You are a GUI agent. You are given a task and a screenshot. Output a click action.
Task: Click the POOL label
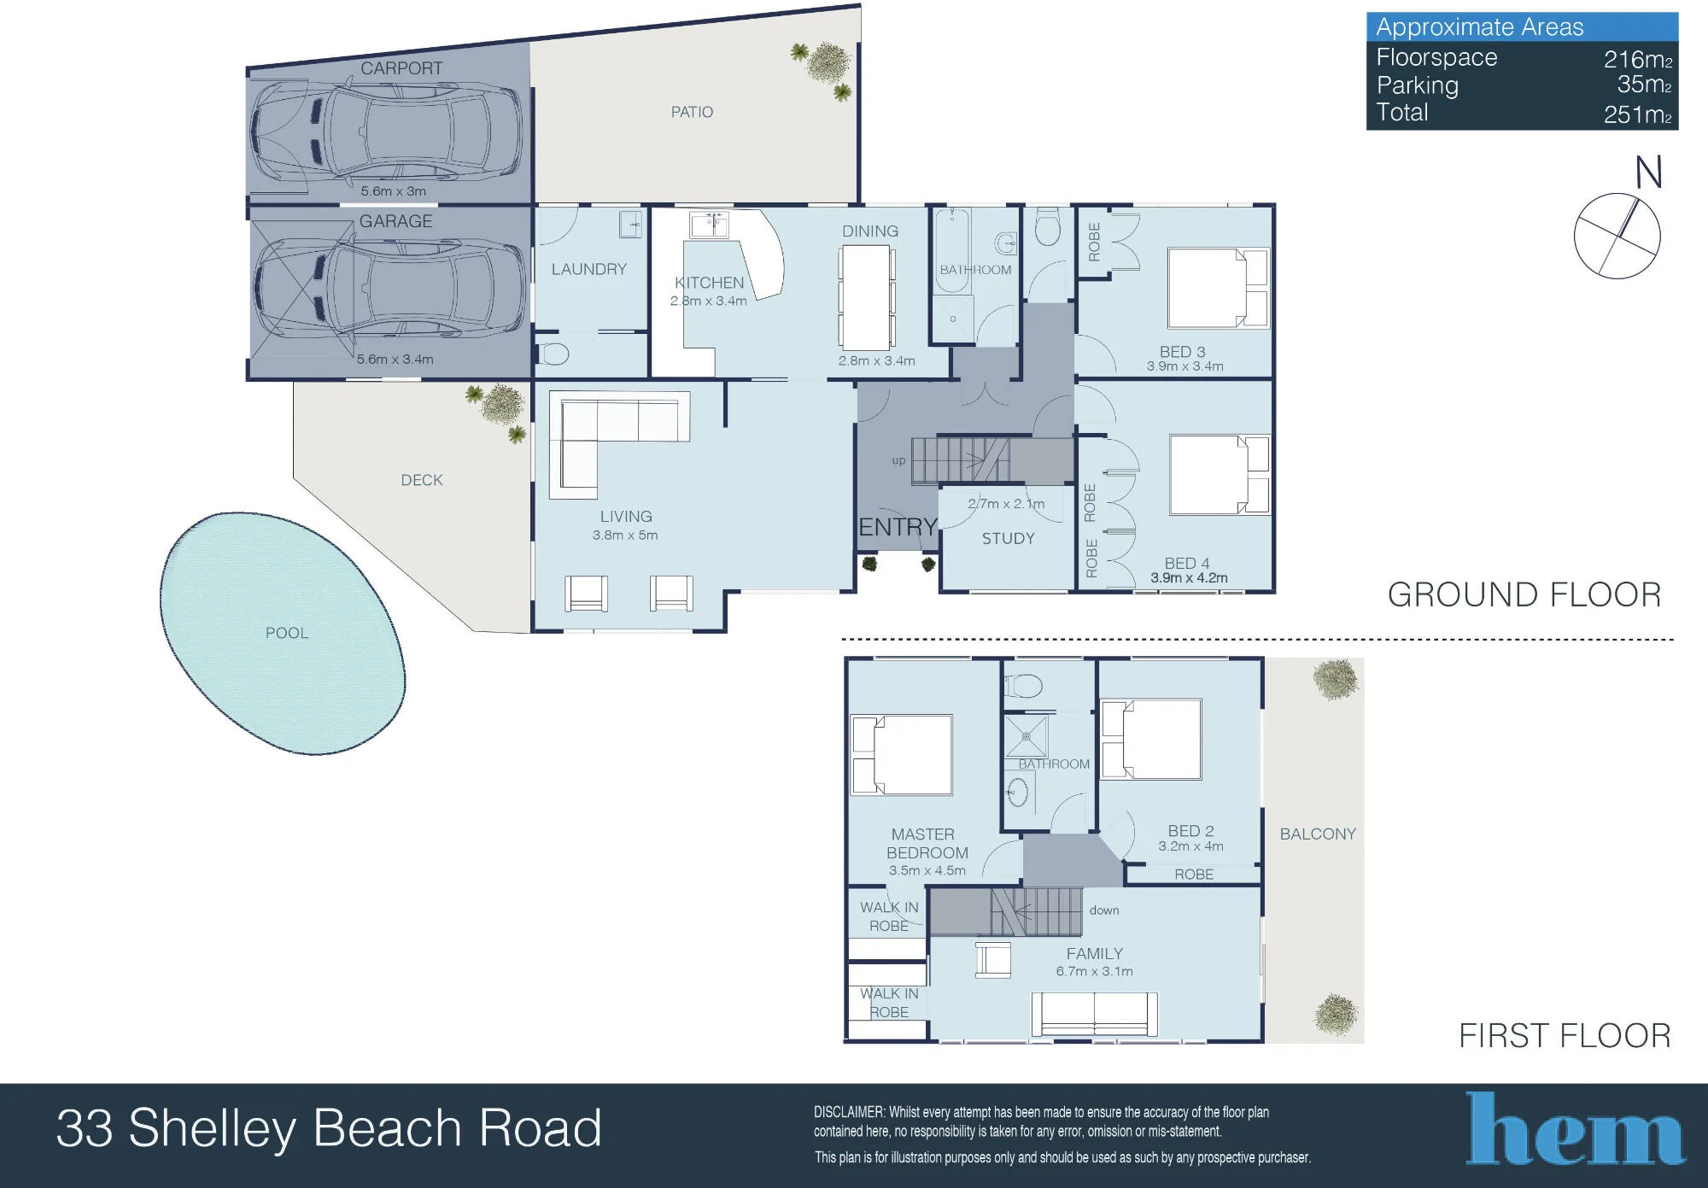(287, 633)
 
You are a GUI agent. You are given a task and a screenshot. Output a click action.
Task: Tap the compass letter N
(1648, 173)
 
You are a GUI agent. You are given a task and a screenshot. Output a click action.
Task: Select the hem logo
(1576, 1128)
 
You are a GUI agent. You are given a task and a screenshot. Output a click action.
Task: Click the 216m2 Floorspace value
(1638, 59)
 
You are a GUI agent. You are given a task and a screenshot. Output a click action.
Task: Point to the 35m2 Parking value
(1644, 85)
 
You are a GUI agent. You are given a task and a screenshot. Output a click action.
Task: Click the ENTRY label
(898, 527)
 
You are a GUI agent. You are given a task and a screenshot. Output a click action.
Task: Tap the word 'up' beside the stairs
(898, 460)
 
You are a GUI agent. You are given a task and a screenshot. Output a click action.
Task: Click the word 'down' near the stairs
(1104, 910)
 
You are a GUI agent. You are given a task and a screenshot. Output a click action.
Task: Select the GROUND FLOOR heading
(1524, 594)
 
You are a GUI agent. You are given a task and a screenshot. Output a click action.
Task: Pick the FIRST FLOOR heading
(1565, 1035)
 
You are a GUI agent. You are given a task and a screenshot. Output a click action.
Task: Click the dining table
(865, 297)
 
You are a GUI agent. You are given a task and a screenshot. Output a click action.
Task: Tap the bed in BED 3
(1219, 288)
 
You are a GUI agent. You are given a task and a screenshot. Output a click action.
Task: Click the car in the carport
(386, 132)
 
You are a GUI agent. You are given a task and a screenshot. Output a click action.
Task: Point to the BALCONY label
(1318, 834)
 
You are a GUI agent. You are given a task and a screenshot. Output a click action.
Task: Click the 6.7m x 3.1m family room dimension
(1094, 971)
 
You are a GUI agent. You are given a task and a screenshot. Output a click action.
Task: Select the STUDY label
(1009, 538)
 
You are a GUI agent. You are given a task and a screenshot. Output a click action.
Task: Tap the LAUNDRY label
(589, 269)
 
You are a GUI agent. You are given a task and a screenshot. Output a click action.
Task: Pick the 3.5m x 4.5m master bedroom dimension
(927, 870)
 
